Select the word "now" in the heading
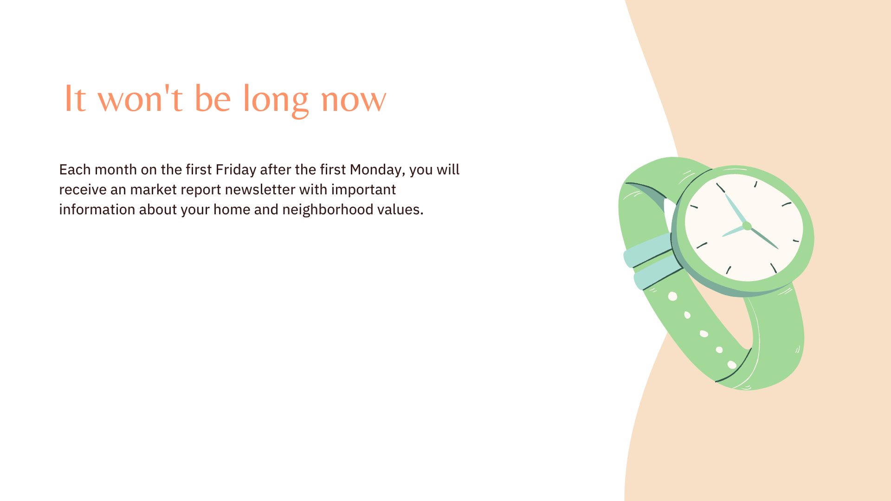point(354,102)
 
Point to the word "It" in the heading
point(75,98)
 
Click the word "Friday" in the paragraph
point(236,170)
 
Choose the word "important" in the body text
point(363,190)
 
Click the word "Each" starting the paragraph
point(75,170)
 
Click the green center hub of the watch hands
point(747,226)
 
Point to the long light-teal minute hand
point(736,209)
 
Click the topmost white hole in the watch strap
point(672,296)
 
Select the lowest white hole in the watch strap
point(732,365)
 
